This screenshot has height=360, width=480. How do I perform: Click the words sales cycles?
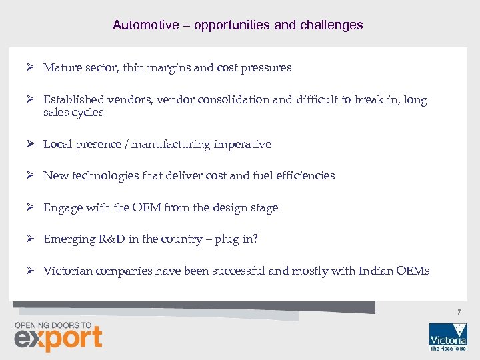click(73, 113)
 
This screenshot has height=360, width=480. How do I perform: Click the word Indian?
click(376, 271)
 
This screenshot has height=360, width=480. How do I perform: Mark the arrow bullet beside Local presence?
click(30, 144)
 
